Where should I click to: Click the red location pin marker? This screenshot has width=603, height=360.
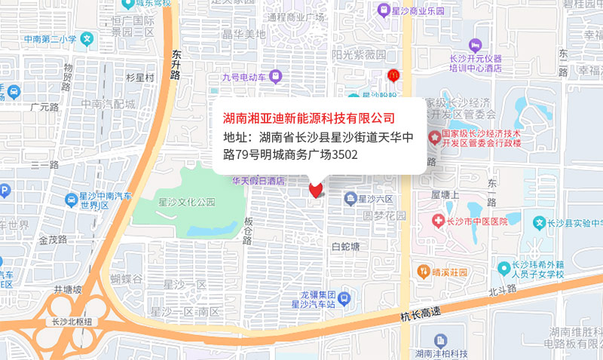tap(316, 189)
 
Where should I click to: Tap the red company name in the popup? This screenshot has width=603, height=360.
tap(309, 118)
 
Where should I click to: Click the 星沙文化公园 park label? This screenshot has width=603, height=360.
tap(187, 202)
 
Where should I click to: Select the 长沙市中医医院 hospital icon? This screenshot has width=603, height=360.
tap(439, 220)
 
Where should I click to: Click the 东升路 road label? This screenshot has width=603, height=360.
tap(176, 65)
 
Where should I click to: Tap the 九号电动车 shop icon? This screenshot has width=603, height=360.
tap(276, 75)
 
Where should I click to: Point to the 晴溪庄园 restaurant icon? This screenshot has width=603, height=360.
tap(424, 270)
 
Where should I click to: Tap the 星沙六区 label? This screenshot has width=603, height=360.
tap(375, 199)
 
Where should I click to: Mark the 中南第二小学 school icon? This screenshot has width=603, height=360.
tap(87, 38)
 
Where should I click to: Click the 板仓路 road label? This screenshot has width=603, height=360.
tap(248, 231)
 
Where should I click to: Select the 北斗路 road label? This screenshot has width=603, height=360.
tap(502, 289)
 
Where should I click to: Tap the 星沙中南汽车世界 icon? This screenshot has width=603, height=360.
tap(71, 199)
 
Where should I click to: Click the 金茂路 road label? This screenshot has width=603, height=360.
tap(53, 240)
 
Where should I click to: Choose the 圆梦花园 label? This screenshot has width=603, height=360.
tap(384, 215)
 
